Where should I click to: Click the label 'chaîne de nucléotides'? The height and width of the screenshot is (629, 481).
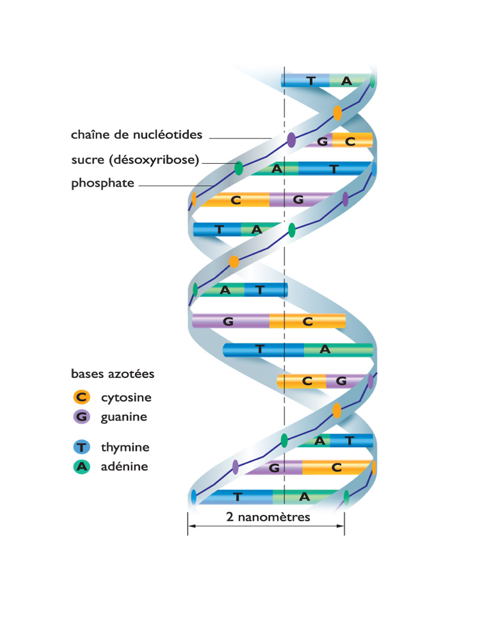[x=136, y=135]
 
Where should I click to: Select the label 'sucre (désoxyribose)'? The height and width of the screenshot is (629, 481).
[x=135, y=160]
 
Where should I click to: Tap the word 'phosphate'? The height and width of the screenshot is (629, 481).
[x=102, y=183]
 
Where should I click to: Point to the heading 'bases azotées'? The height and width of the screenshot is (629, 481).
[x=112, y=374]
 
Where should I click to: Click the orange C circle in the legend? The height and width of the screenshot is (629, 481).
[x=82, y=397]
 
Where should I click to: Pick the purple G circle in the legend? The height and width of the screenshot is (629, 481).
[x=82, y=417]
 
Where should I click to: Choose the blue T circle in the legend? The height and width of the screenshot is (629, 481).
[x=82, y=447]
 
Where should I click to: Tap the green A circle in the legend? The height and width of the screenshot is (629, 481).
[x=82, y=467]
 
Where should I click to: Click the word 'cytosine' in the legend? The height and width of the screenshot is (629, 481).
[x=126, y=398]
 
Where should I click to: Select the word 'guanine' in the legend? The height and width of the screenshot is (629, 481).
[x=124, y=417]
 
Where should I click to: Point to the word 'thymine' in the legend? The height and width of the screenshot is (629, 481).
[x=125, y=447]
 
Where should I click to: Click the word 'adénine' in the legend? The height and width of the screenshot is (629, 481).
[x=124, y=467]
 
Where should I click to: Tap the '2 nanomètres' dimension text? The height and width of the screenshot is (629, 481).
[x=268, y=517]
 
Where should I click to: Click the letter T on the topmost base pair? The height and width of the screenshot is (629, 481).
[x=310, y=81]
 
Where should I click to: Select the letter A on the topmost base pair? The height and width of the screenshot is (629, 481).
[x=347, y=81]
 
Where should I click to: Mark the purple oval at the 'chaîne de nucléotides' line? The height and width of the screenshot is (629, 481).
[x=291, y=140]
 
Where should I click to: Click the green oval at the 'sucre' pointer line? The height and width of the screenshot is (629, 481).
[x=239, y=168]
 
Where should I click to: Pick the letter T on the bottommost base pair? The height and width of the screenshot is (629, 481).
[x=238, y=497]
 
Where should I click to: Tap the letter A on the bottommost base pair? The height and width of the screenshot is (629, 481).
[x=304, y=497]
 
